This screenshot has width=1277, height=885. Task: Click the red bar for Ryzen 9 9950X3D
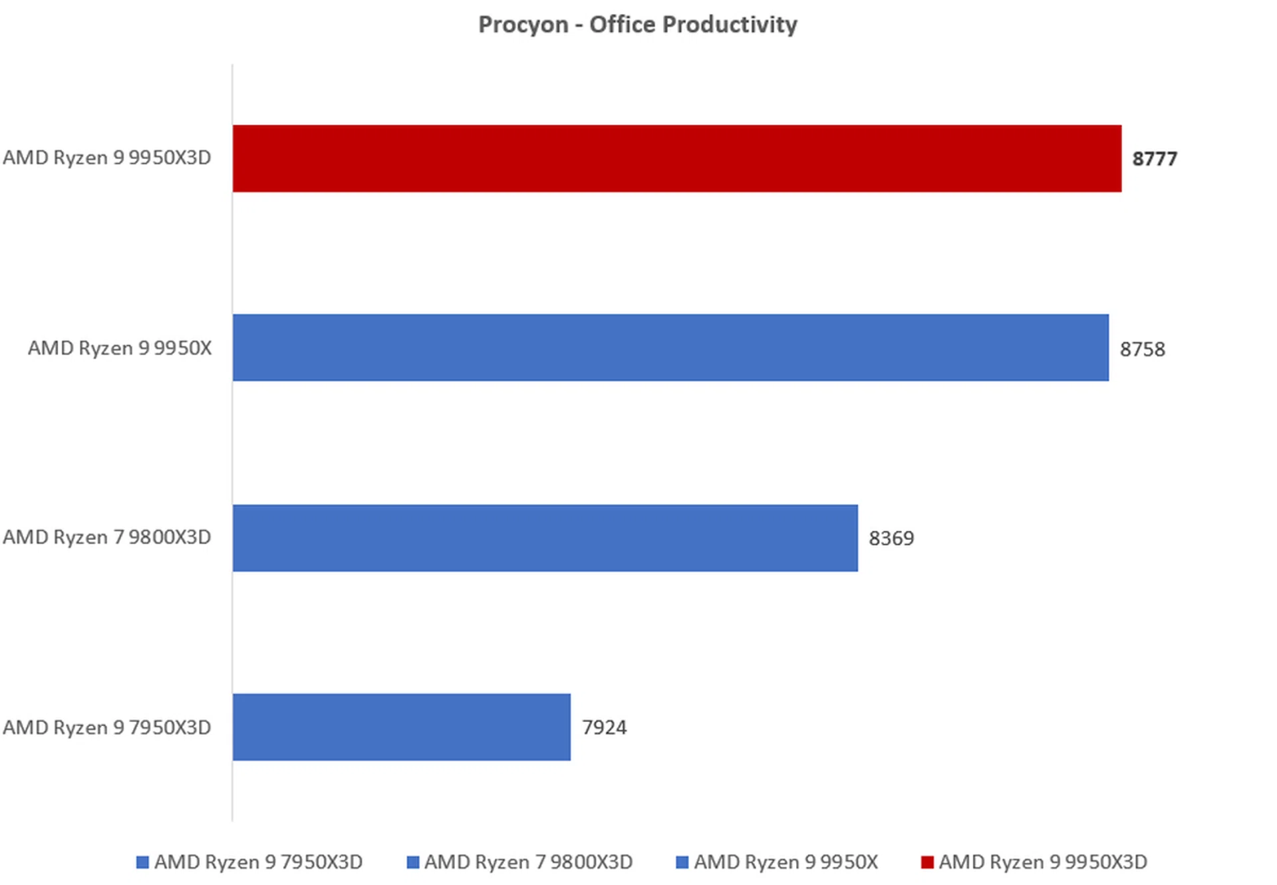pyautogui.click(x=676, y=158)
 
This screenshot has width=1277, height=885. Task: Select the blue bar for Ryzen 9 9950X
pyautogui.click(x=670, y=348)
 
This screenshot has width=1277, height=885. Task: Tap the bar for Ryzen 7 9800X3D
pyautogui.click(x=545, y=538)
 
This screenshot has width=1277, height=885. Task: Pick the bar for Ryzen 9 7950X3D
pyautogui.click(x=401, y=727)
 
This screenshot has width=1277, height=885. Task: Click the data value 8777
pyautogui.click(x=1155, y=159)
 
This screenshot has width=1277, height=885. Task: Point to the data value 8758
pyautogui.click(x=1142, y=349)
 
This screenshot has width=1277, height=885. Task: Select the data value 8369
pyautogui.click(x=891, y=538)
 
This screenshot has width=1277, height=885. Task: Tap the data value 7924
pyautogui.click(x=604, y=727)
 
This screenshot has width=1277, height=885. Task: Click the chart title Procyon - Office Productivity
pyautogui.click(x=637, y=25)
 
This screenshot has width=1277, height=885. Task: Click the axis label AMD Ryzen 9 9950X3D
pyautogui.click(x=107, y=158)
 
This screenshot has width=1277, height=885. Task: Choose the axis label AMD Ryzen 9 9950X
pyautogui.click(x=120, y=348)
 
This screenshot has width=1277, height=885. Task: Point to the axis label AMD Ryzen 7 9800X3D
pyautogui.click(x=107, y=537)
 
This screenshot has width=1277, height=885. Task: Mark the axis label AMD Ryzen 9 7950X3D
pyautogui.click(x=107, y=727)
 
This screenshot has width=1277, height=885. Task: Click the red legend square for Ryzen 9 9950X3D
pyautogui.click(x=927, y=862)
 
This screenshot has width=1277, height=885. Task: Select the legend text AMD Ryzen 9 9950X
pyautogui.click(x=785, y=862)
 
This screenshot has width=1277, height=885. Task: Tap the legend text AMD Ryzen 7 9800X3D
pyautogui.click(x=528, y=862)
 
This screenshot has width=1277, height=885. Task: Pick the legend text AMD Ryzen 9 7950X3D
pyautogui.click(x=258, y=862)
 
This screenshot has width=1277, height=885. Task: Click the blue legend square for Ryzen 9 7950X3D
pyautogui.click(x=142, y=862)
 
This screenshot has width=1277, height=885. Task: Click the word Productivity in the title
pyautogui.click(x=730, y=25)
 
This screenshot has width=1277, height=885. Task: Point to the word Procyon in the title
pyautogui.click(x=523, y=25)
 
